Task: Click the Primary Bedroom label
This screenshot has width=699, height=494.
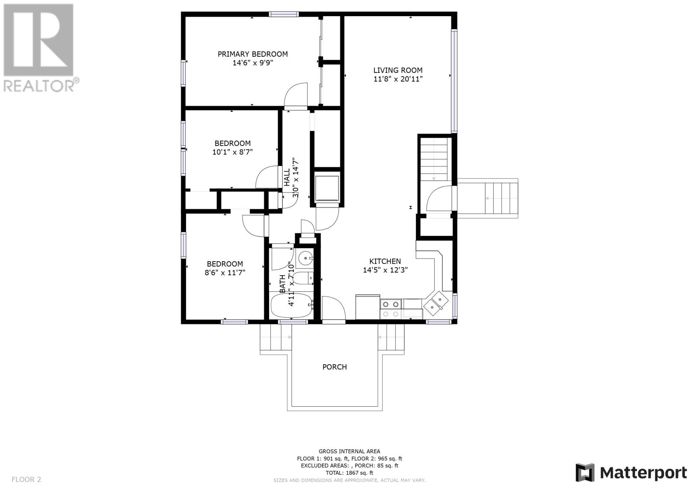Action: pos(253,54)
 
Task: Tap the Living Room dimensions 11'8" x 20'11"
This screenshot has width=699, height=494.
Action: pos(398,79)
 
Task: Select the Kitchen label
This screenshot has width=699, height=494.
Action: pos(385,261)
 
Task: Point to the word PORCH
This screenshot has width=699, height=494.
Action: pos(335,367)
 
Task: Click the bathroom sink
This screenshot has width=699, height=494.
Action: pos(305,258)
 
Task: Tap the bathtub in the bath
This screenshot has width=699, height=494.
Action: pos(292,305)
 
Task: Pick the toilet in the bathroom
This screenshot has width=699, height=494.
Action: pos(303,278)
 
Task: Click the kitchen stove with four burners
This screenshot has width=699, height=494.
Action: pos(391,309)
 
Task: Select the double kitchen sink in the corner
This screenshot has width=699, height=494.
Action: pos(436,303)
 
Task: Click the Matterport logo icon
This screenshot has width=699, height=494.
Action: pos(585,473)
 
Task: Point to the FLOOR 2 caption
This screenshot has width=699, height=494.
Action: pos(26,479)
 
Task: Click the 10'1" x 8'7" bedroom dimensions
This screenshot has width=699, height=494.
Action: pos(232,152)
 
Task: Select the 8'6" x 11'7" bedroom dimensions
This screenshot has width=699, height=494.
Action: pos(225,273)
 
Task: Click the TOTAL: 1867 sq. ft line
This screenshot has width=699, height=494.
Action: pos(349,473)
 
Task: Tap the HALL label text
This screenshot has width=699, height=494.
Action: pos(287,177)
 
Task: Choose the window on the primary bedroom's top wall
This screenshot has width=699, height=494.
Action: pos(284,14)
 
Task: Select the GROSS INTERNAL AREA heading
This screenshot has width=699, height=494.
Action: pos(349,451)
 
